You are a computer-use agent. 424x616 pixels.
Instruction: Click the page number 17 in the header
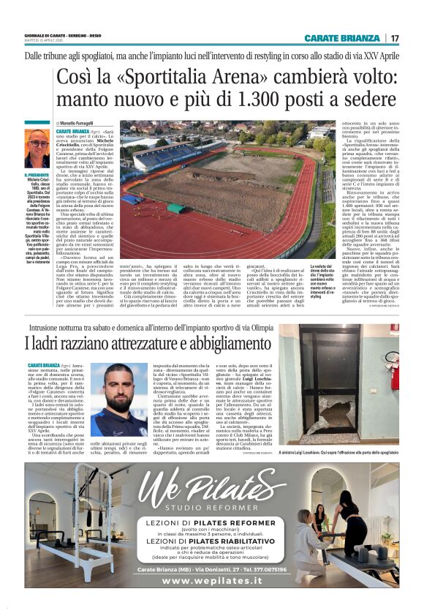(x=395, y=38)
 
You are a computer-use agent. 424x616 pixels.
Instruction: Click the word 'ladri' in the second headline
(x=53, y=341)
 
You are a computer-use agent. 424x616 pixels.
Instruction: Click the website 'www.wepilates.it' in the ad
(x=211, y=581)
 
